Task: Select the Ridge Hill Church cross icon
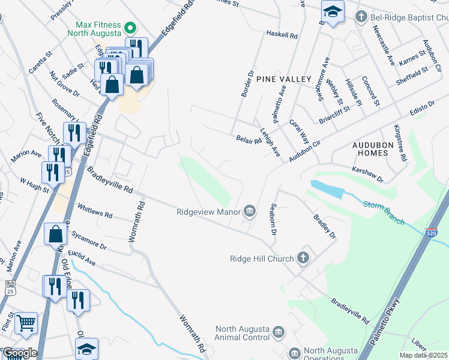[303, 259]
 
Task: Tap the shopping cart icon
[26, 324]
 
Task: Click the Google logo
[20, 353]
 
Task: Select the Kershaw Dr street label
[367, 175]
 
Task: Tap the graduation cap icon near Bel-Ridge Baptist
[331, 11]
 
